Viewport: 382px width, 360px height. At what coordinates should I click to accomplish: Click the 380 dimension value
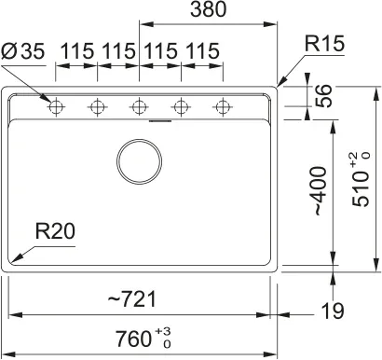point(209,9)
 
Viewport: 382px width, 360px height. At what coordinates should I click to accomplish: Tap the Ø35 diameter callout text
point(23,51)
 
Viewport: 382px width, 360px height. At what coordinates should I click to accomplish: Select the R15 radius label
point(324,43)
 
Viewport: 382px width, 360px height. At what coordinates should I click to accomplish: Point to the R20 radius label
point(55,231)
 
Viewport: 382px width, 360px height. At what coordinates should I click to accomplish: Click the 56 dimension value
point(323,96)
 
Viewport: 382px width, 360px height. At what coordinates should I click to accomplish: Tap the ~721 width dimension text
point(131,299)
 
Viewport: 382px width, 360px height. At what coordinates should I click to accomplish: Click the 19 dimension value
point(333,311)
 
